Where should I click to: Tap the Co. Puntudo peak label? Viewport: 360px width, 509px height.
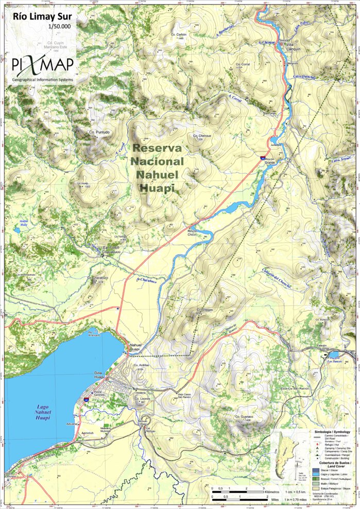99,132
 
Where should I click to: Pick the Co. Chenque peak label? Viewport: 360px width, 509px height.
202,135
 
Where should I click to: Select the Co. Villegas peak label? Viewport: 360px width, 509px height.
204,310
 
